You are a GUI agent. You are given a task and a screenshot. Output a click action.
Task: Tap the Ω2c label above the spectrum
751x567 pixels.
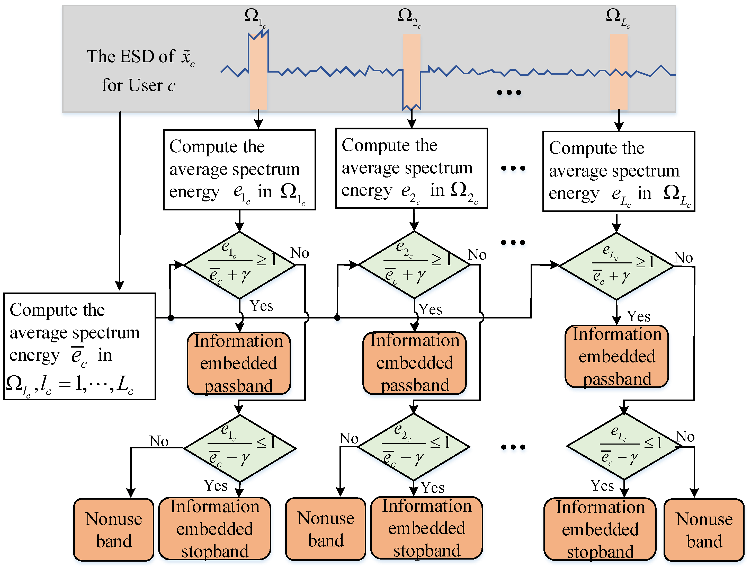click(409, 18)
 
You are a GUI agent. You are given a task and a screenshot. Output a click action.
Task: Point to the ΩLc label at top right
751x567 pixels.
click(617, 18)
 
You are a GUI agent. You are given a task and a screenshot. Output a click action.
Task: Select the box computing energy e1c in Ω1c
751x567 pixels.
click(239, 170)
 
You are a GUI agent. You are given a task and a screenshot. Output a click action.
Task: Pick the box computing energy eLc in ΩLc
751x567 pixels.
click(619, 171)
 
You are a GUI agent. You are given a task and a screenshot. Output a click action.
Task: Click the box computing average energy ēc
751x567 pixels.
click(79, 346)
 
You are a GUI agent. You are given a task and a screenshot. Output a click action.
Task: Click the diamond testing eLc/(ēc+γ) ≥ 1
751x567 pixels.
click(616, 266)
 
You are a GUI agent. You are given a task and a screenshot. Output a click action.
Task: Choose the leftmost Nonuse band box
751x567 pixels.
click(114, 530)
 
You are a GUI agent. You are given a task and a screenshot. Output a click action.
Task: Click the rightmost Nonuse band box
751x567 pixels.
click(704, 530)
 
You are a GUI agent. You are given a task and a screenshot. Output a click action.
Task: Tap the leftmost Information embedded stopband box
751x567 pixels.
click(214, 529)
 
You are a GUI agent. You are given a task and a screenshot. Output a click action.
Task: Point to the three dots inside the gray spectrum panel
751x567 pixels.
click(508, 92)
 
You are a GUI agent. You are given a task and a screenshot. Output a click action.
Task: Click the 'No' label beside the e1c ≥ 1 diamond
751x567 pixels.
click(299, 253)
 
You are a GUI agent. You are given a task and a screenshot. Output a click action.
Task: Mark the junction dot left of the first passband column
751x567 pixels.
click(171, 318)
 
